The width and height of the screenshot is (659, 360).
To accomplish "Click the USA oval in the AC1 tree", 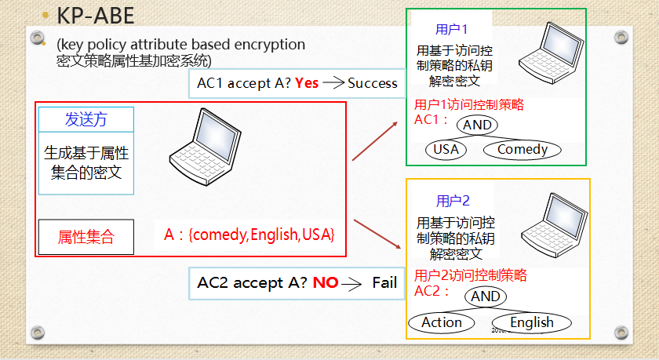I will pos(446,149).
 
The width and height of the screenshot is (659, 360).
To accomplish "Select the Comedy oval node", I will pos(522,149).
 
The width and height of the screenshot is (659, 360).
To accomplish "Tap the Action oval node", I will pos(442,322).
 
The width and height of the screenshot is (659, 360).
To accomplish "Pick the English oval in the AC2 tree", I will pos(531,322).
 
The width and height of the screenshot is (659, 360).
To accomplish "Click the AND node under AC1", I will pos(477,125).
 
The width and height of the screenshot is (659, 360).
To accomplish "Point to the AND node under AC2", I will pos(485,296).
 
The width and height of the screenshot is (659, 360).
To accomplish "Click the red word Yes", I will pos(307,83).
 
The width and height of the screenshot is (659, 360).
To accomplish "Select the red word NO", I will pos(325,282).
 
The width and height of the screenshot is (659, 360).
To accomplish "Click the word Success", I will pos(373,83).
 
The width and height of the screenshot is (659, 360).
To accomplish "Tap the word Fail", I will pos(384,282).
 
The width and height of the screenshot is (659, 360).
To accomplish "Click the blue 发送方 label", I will pos(86,119).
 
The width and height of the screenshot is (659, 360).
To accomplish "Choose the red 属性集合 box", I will pos(86,237).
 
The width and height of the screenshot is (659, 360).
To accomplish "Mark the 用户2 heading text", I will pos(453,201).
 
